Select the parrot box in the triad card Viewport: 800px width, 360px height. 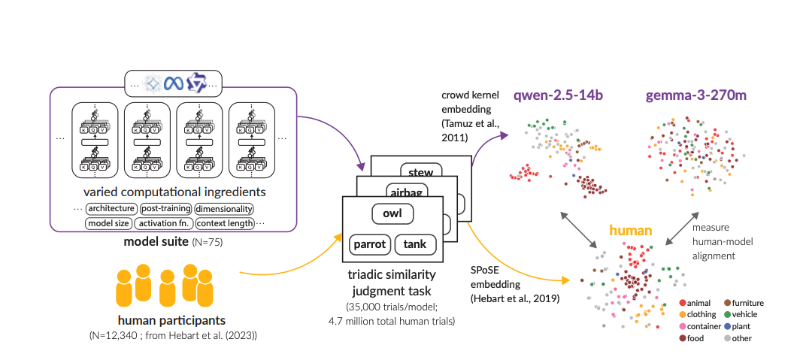369,244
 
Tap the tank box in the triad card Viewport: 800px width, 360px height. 415,244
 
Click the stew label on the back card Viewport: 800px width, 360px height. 420,172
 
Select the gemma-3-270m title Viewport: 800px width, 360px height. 687,95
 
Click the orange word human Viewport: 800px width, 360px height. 630,231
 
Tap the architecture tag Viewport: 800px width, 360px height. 111,208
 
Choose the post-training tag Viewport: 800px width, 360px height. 165,208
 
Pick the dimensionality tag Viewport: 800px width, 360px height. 224,208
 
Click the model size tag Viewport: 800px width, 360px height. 108,223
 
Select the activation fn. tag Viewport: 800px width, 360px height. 162,223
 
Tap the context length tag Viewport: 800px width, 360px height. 224,223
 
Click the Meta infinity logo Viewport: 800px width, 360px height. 174,82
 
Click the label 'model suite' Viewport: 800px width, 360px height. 156,242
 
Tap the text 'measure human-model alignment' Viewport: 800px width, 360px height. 721,241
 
